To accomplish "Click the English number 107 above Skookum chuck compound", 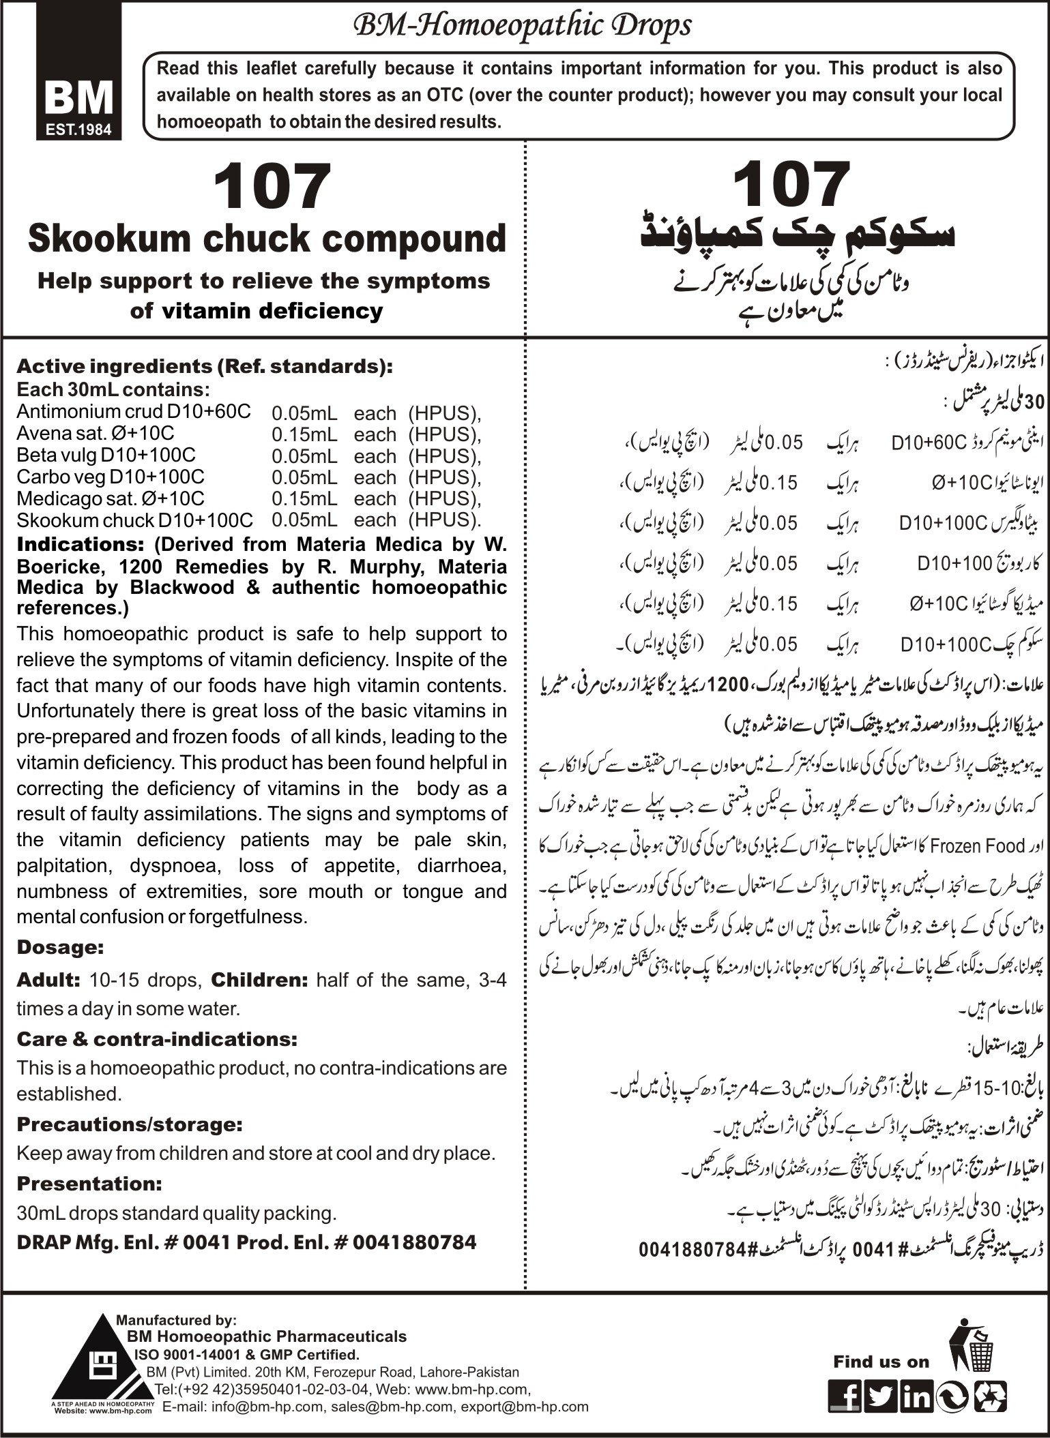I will (x=271, y=185).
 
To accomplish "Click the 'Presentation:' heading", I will (x=89, y=1183).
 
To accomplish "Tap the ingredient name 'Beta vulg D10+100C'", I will (x=106, y=455).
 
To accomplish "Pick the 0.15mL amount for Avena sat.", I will (x=304, y=434).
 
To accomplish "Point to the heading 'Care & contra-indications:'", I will (x=156, y=1039).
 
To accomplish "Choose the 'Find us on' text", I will (x=881, y=1362).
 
